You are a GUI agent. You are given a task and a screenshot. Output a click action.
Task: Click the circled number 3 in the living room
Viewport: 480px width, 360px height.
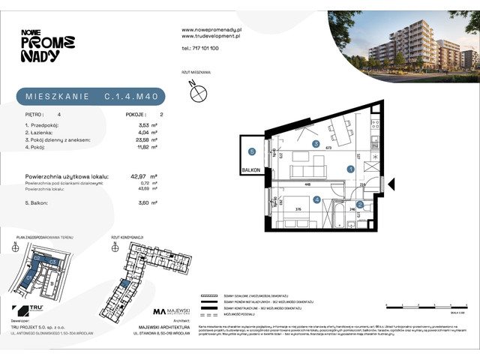(x=316, y=144)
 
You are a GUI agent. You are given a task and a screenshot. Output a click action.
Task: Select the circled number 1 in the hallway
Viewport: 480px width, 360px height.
(x=351, y=169)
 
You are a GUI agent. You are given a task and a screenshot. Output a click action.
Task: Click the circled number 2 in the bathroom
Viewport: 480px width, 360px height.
(x=359, y=205)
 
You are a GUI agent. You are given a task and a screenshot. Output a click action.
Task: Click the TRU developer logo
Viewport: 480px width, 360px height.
(x=31, y=310)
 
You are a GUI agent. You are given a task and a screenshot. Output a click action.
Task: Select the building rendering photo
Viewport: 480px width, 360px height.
(x=403, y=41)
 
